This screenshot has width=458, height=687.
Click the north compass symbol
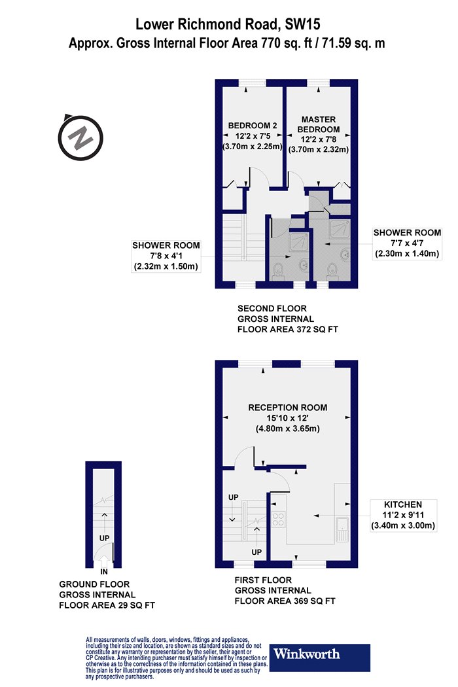80,137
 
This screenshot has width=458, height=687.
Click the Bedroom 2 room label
253,136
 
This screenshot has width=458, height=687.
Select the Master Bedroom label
319,134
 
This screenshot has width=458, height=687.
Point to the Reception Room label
287,417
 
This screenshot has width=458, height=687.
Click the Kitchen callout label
403,515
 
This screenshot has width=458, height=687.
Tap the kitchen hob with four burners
279,519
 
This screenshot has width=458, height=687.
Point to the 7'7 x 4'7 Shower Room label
407,243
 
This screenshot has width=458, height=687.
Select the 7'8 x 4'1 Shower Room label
166,256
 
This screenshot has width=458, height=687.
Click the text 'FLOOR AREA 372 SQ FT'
288,329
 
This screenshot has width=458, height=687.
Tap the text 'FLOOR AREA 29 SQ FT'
107,605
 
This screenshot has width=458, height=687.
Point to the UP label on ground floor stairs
104,538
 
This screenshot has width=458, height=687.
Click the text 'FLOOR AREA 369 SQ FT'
285,601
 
